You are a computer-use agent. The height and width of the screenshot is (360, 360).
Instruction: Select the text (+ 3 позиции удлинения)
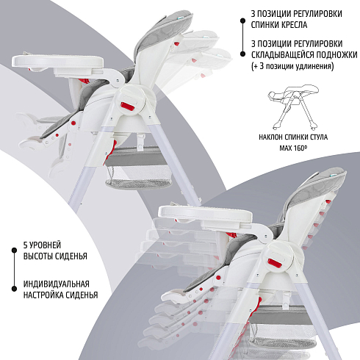(292, 66)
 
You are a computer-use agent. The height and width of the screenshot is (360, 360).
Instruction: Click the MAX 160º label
(293, 148)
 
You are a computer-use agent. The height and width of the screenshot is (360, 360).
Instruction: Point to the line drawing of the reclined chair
(292, 107)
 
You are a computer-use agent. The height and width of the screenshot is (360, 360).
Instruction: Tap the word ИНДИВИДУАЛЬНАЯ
(57, 284)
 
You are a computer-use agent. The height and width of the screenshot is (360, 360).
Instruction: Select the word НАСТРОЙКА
(42, 295)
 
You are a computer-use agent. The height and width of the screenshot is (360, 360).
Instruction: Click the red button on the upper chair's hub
(127, 107)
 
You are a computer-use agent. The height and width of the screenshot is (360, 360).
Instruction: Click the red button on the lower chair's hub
(275, 263)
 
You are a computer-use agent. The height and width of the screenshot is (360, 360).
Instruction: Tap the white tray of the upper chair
(58, 61)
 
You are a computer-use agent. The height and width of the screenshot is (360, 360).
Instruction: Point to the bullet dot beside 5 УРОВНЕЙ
(14, 250)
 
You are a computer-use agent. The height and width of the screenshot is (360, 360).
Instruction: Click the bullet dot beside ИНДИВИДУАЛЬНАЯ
(14, 289)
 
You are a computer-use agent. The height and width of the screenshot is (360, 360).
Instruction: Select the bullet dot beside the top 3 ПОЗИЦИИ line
(242, 21)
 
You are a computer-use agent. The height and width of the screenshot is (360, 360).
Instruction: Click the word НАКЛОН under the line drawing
(271, 137)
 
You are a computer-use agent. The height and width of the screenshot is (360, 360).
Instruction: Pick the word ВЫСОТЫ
(38, 256)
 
